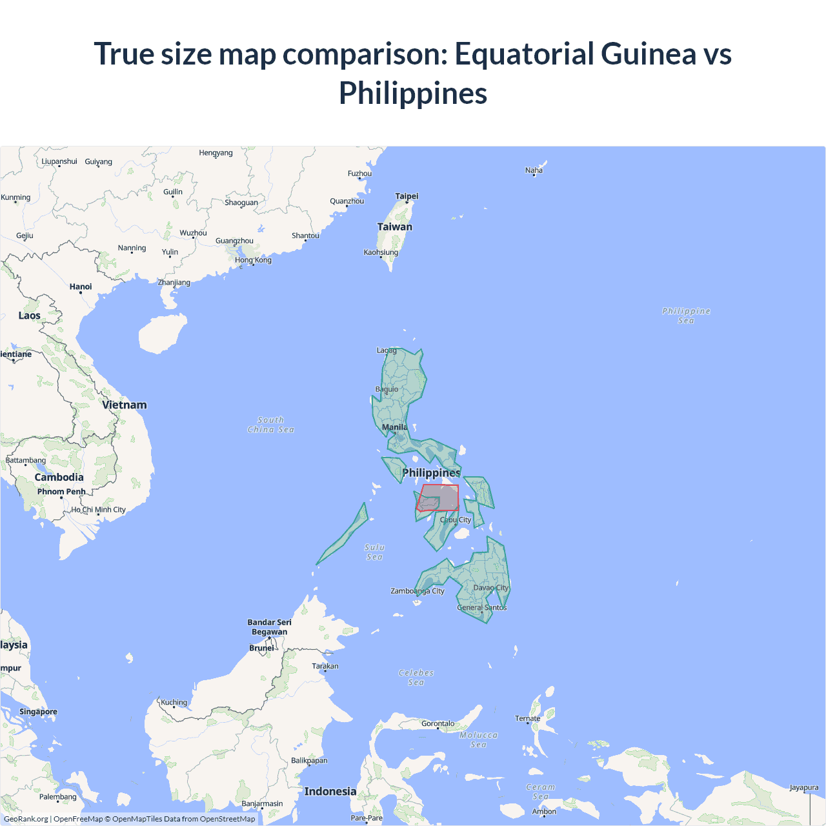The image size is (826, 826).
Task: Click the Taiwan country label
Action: pyautogui.click(x=394, y=227)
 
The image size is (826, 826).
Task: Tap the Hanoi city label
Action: pyautogui.click(x=81, y=287)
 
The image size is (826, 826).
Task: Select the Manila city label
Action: pyautogui.click(x=394, y=427)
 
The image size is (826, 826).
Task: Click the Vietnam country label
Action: pyautogui.click(x=125, y=405)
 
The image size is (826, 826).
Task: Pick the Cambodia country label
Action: pyautogui.click(x=59, y=478)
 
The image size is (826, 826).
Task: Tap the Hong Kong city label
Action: pyautogui.click(x=253, y=260)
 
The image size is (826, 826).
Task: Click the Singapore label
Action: pyautogui.click(x=38, y=712)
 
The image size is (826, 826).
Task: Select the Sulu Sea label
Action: pyautogui.click(x=374, y=552)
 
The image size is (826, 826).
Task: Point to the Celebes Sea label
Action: pyautogui.click(x=416, y=678)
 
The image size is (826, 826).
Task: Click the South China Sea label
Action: pyautogui.click(x=271, y=425)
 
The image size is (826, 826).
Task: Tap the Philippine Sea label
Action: pyautogui.click(x=686, y=316)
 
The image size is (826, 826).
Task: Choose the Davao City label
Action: pyautogui.click(x=491, y=588)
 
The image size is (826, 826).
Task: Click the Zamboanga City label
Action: pyautogui.click(x=418, y=591)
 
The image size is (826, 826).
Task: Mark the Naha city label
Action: pyautogui.click(x=534, y=170)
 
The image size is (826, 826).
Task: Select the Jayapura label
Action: pyautogui.click(x=804, y=787)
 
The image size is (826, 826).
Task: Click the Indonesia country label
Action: pyautogui.click(x=330, y=792)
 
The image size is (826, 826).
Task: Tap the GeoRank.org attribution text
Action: pyautogui.click(x=26, y=819)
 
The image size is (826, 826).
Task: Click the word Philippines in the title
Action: pyautogui.click(x=413, y=93)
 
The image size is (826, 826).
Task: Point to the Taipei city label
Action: pyautogui.click(x=407, y=196)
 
